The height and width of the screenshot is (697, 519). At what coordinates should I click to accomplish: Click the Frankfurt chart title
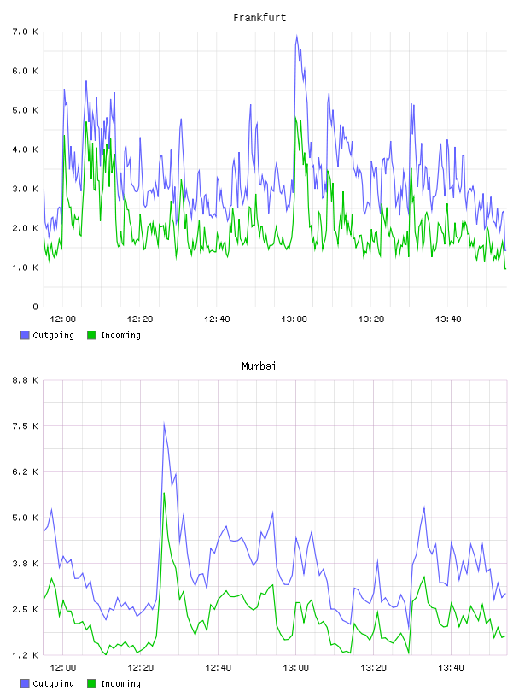pyautogui.click(x=259, y=18)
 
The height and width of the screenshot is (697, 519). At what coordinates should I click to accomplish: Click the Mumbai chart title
pyautogui.click(x=259, y=366)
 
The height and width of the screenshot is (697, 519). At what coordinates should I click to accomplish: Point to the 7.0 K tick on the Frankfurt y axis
pyautogui.click(x=26, y=32)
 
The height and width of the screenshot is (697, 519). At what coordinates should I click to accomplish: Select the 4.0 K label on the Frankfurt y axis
pyautogui.click(x=26, y=149)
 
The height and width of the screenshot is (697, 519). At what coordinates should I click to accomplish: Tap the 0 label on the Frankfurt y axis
pyautogui.click(x=35, y=307)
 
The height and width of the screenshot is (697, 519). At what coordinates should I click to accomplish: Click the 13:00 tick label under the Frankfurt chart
pyautogui.click(x=294, y=319)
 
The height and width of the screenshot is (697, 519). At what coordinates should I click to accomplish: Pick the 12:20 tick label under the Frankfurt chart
pyautogui.click(x=140, y=319)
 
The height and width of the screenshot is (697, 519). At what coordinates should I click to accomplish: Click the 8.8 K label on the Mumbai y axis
pyautogui.click(x=26, y=380)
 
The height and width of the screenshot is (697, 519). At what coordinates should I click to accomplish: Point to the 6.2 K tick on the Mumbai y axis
pyautogui.click(x=26, y=472)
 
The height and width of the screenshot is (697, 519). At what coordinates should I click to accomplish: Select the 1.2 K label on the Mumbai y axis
pyautogui.click(x=26, y=655)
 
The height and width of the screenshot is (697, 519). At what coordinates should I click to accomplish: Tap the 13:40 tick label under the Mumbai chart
pyautogui.click(x=451, y=668)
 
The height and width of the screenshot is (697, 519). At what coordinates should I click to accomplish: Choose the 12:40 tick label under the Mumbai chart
pyautogui.click(x=219, y=668)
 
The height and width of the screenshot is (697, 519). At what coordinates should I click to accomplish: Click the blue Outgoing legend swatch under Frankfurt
pyautogui.click(x=25, y=335)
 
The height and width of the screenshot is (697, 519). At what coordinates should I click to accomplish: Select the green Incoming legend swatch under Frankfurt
pyautogui.click(x=91, y=335)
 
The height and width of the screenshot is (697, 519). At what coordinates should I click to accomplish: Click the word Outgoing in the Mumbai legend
pyautogui.click(x=53, y=683)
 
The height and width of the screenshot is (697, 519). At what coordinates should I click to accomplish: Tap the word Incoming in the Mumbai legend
pyautogui.click(x=120, y=683)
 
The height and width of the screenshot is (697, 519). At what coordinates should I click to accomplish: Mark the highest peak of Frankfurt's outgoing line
pyautogui.click(x=296, y=36)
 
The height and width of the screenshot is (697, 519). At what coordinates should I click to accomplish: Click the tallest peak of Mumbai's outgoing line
pyautogui.click(x=164, y=423)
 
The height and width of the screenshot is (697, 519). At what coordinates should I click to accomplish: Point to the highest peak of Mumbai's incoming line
pyautogui.click(x=164, y=493)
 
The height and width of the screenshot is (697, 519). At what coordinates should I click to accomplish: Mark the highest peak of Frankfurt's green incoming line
pyautogui.click(x=295, y=118)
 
